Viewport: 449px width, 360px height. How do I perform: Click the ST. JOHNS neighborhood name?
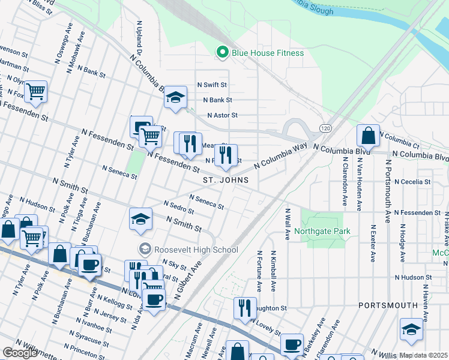click(x=225, y=180)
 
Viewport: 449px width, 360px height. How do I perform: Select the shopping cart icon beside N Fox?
click(x=36, y=91)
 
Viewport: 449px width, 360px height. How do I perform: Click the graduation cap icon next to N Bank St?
click(x=175, y=98)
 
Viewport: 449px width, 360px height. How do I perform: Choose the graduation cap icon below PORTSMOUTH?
click(x=411, y=329)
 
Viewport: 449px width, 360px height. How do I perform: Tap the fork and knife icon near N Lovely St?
click(x=244, y=308)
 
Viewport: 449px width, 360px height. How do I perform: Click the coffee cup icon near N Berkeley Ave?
click(x=292, y=344)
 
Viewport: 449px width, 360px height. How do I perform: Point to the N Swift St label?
click(x=212, y=85)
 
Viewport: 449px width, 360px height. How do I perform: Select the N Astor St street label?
click(x=222, y=115)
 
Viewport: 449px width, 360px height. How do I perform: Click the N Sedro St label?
click(x=178, y=207)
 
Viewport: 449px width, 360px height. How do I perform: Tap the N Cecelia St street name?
click(x=412, y=181)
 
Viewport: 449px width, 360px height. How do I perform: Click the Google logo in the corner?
click(x=19, y=353)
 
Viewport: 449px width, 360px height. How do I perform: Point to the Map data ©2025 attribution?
click(x=423, y=355)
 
